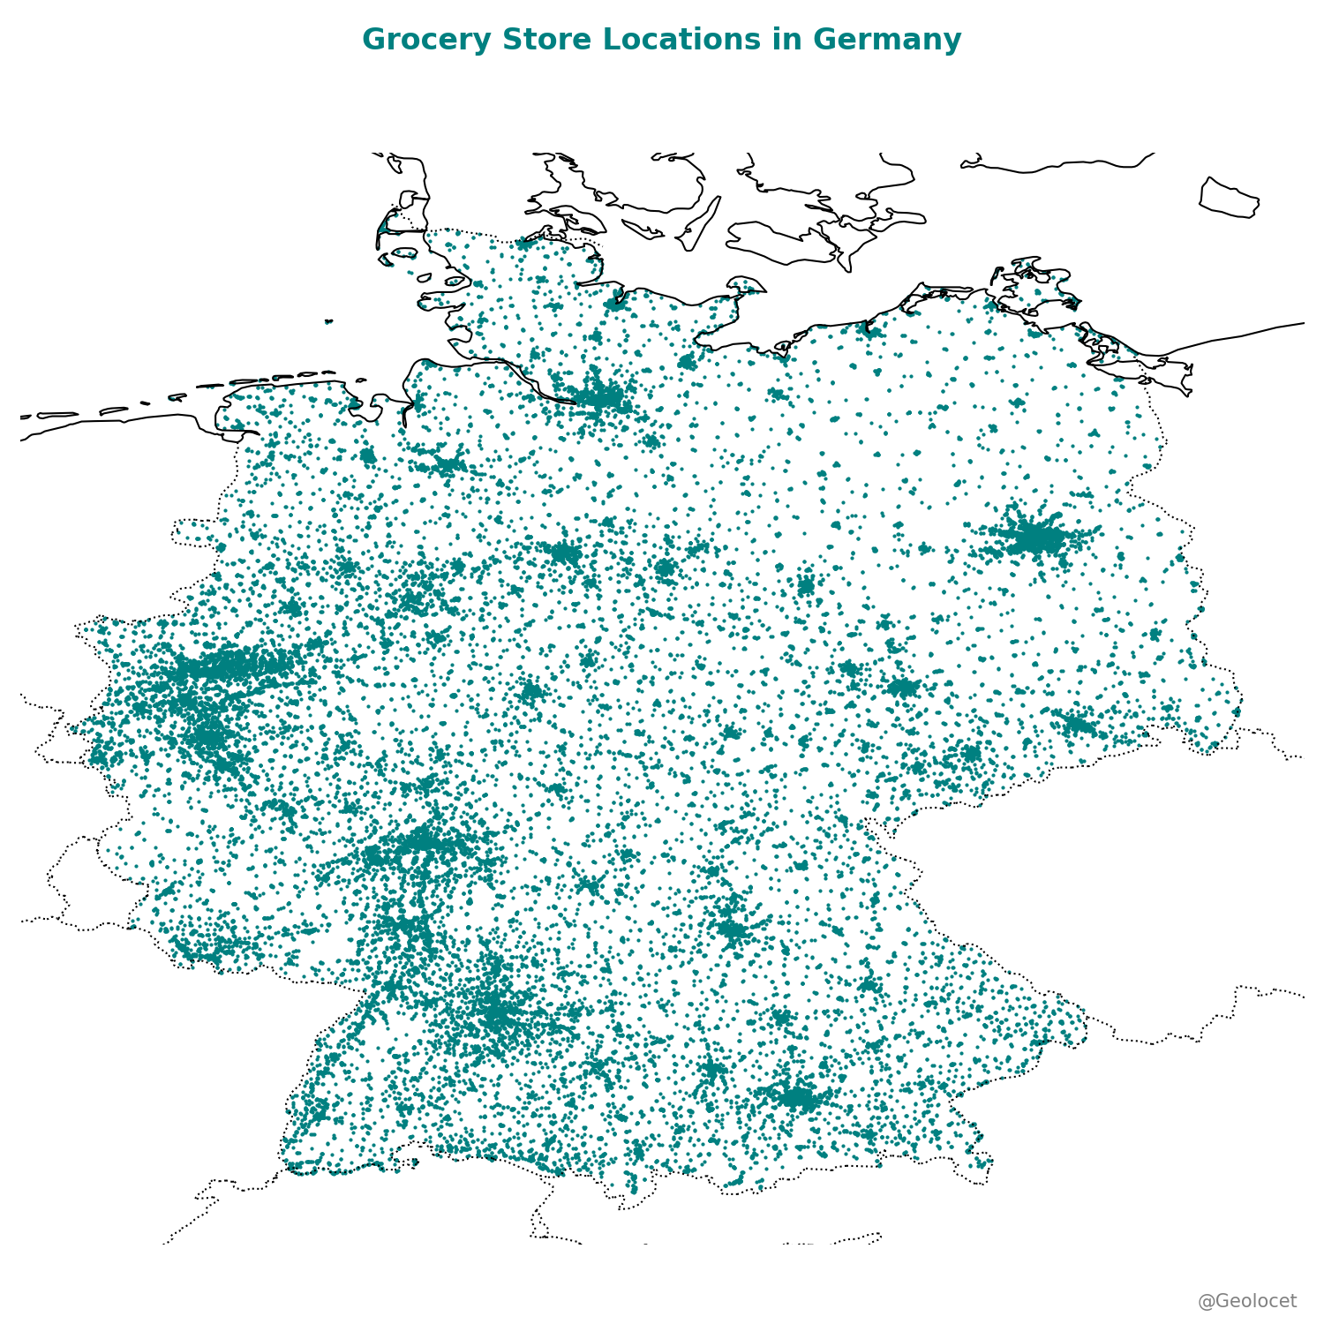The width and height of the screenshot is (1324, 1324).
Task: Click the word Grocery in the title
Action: pos(412,40)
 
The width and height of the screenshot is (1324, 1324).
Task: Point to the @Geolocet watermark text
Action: pos(1246,1301)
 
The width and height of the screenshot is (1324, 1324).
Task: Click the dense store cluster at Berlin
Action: pos(1034,538)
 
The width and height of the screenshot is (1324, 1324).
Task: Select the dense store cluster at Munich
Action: pos(798,1097)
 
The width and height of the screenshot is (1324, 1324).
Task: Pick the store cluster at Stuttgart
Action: pos(496,1015)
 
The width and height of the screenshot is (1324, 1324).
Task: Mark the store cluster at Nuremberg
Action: pos(732,928)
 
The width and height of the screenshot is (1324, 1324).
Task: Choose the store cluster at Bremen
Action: pos(447,463)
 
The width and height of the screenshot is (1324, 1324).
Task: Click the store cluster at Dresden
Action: pos(1078,725)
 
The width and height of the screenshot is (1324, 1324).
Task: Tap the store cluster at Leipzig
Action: pos(903,687)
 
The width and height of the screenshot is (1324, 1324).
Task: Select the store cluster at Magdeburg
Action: pos(806,585)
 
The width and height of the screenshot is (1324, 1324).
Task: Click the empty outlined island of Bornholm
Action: pos(1230,197)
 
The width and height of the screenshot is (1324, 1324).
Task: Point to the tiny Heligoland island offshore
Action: pos(328,321)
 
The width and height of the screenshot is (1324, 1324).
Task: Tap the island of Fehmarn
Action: pos(746,284)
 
